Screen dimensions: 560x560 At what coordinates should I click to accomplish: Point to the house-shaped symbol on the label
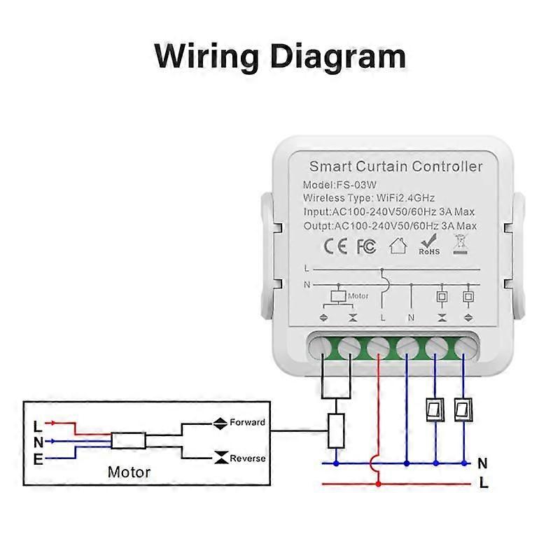[x=398, y=246]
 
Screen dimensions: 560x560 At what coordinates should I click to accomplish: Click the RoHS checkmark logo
[x=429, y=244]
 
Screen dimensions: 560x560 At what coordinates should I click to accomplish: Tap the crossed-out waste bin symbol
[x=460, y=244]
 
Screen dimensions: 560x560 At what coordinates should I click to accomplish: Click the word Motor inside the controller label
[x=358, y=296]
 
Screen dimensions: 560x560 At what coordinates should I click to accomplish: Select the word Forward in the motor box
[x=248, y=422]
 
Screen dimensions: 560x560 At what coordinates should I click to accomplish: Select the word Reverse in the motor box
[x=248, y=458]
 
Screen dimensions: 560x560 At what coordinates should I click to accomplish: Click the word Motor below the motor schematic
[x=129, y=472]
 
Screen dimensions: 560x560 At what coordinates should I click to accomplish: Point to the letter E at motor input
[x=38, y=459]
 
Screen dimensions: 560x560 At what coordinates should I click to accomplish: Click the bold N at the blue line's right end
[x=482, y=463]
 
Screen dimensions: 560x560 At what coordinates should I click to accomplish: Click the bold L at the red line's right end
[x=483, y=483]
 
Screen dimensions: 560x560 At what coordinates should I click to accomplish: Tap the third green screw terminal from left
[x=379, y=346]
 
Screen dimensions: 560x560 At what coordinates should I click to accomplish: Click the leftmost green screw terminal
[x=323, y=346]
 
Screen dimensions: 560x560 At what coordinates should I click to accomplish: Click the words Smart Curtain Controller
[x=395, y=167]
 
